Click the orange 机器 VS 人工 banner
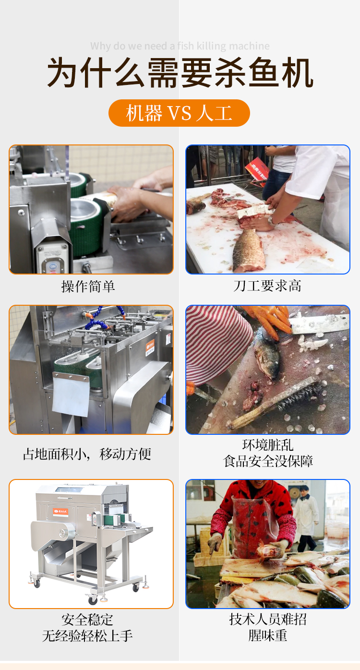(179, 113)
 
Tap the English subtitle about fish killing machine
(180, 46)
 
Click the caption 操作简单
(88, 286)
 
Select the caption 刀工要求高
(267, 286)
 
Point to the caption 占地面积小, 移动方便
(87, 454)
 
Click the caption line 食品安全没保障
(268, 461)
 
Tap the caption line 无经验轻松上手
(87, 635)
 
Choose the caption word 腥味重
(267, 635)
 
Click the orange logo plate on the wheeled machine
(60, 512)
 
